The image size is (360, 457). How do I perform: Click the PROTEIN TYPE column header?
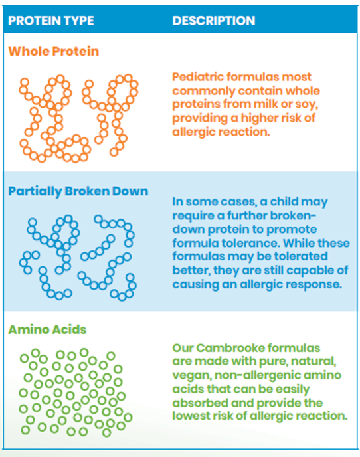[x=51, y=21]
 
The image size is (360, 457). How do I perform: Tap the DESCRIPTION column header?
[x=214, y=21]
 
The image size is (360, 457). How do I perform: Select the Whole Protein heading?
[x=54, y=52]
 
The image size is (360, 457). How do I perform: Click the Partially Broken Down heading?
[x=78, y=191]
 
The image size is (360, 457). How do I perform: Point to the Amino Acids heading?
[x=47, y=329]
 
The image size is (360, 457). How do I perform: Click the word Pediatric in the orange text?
[x=198, y=77]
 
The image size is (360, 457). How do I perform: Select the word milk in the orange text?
[x=266, y=104]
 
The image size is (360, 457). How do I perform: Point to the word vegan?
[x=191, y=376]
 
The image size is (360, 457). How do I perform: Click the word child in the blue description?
[x=283, y=201]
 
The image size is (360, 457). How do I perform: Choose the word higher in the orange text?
[x=258, y=118]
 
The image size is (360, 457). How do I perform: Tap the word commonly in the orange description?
[x=203, y=91]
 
